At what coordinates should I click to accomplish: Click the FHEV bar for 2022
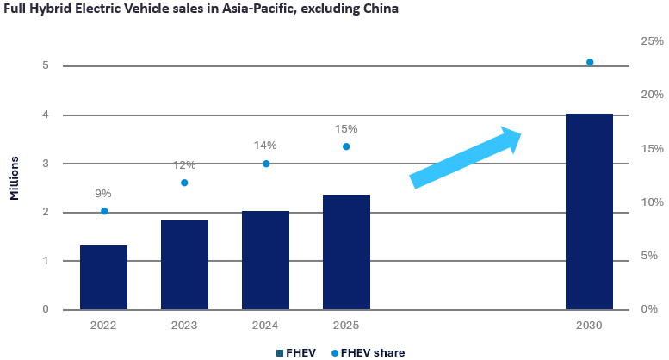[x=103, y=277]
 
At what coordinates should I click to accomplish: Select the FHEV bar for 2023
[x=184, y=264]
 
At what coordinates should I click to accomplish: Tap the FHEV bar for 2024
[x=265, y=260]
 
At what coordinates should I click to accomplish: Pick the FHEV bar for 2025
[x=346, y=251]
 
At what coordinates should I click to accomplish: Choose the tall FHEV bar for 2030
[x=589, y=211]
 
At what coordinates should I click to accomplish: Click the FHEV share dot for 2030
[x=590, y=62]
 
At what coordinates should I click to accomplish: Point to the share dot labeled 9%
[x=104, y=211]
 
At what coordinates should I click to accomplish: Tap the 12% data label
[x=184, y=164]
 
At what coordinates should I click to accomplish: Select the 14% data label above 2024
[x=265, y=146]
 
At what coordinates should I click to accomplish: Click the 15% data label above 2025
[x=346, y=128]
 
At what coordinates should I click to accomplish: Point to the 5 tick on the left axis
[x=44, y=66]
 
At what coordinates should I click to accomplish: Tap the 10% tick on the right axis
[x=650, y=202]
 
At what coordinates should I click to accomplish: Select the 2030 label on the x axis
[x=589, y=326]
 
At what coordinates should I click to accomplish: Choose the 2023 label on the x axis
[x=184, y=326]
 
